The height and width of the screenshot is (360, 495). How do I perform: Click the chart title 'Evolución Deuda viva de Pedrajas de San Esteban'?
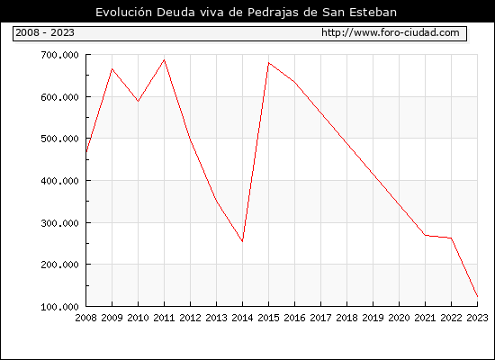[x=246, y=13]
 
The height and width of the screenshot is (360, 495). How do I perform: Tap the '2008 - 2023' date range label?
[x=45, y=32]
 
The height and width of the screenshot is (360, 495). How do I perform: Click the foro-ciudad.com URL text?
[x=391, y=32]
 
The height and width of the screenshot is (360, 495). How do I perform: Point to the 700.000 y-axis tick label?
[x=59, y=55]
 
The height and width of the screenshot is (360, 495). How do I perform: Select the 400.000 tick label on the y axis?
[x=59, y=181]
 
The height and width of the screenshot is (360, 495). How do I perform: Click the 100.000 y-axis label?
[x=59, y=307]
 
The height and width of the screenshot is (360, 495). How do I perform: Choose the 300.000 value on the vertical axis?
[x=59, y=223]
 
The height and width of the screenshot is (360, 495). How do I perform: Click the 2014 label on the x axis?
[x=242, y=318]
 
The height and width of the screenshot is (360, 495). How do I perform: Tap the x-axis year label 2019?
[x=373, y=318]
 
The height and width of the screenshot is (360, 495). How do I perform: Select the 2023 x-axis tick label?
[x=477, y=318]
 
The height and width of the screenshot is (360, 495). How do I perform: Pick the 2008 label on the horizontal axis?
[x=85, y=318]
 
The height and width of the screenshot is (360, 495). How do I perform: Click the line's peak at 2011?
[x=164, y=59]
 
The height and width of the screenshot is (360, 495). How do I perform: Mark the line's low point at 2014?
[x=242, y=241]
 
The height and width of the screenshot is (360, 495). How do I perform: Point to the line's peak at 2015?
[x=269, y=62]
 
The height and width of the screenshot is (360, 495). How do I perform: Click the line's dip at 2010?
[x=138, y=101]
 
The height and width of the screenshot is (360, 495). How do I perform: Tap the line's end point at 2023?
[x=477, y=296]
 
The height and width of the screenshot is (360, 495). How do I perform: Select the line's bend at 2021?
[x=425, y=235]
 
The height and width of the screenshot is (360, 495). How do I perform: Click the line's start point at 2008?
[x=86, y=152]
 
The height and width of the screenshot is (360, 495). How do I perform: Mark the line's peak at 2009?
[x=112, y=68]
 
